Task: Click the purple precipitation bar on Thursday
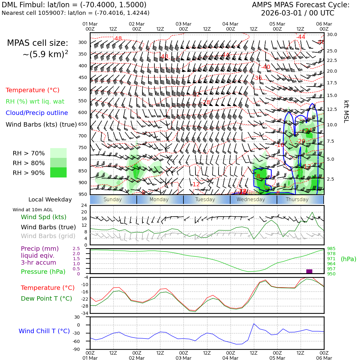(x=309, y=271)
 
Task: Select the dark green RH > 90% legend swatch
(x=58, y=172)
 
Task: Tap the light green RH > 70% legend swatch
(x=58, y=153)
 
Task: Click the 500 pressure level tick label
(x=83, y=89)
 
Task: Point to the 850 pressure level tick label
(x=83, y=171)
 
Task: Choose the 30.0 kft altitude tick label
(x=332, y=35)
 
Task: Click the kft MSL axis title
(x=346, y=111)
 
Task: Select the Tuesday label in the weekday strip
(x=205, y=200)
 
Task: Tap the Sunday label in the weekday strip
(x=112, y=200)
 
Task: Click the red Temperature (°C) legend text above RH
(x=33, y=90)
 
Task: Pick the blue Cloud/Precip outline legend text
(x=37, y=113)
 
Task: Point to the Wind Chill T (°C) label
(x=44, y=331)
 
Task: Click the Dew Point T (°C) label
(x=46, y=298)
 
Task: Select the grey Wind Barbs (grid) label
(x=48, y=236)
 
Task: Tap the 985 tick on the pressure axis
(x=331, y=249)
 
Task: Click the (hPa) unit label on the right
(x=348, y=259)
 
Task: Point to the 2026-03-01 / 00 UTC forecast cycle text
(x=297, y=13)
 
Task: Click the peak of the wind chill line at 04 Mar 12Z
(x=254, y=323)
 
